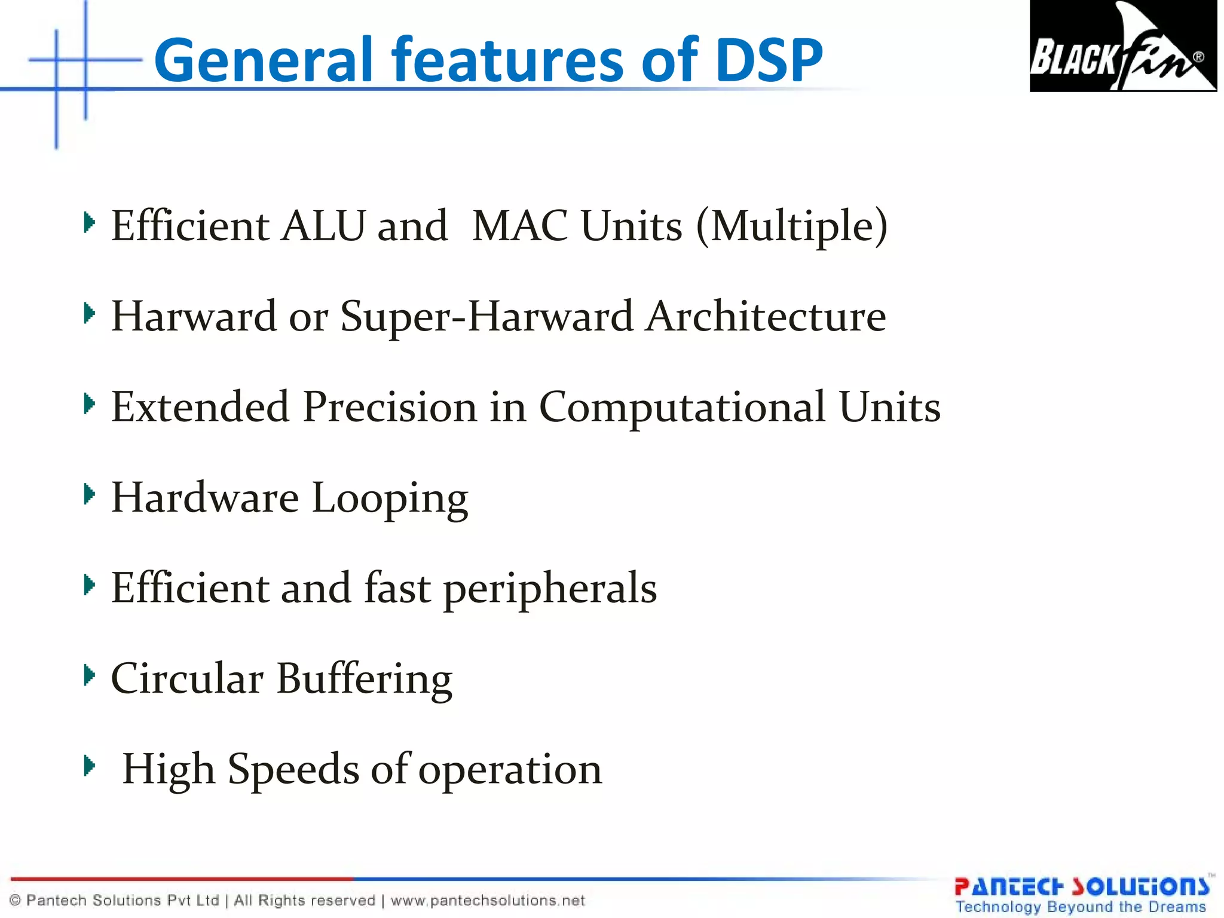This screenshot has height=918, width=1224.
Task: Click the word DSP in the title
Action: pos(769,60)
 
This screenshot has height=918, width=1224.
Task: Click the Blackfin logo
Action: pos(1122,46)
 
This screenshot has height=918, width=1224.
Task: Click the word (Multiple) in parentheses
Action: pos(792,227)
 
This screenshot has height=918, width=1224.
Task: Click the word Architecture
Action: pos(766,316)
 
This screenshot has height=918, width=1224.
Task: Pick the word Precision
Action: pos(390,407)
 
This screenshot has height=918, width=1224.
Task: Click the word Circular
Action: pos(187,679)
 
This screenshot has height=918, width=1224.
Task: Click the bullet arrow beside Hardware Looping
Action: pos(89,494)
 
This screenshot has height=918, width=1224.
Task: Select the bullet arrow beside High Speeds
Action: pos(89,765)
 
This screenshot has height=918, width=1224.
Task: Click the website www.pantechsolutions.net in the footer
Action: pos(488,901)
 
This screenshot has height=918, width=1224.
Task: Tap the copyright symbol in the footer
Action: pos(16,901)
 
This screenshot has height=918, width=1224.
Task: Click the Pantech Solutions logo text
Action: pos(1082,887)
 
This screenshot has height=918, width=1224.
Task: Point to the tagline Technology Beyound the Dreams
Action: pos(1081,907)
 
